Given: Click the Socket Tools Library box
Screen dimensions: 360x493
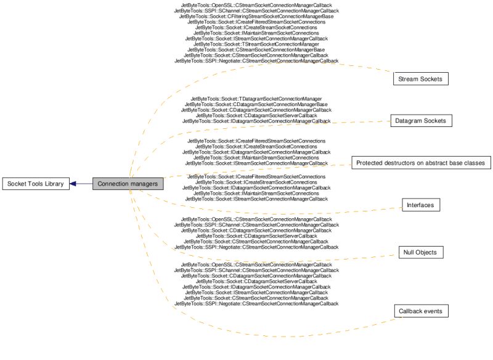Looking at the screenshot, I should click(x=36, y=184).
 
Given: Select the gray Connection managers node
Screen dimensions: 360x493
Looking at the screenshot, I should click(x=128, y=184).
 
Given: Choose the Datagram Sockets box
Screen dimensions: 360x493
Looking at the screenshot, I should click(x=422, y=121).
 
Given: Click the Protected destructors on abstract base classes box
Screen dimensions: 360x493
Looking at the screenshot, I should click(x=421, y=163).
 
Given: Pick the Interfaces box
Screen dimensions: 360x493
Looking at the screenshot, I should click(x=421, y=205).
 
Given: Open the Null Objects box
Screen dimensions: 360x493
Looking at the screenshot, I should click(x=421, y=252).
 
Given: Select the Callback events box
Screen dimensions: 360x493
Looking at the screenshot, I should click(x=420, y=311).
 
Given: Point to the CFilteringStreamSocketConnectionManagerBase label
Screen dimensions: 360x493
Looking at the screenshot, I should click(x=256, y=16).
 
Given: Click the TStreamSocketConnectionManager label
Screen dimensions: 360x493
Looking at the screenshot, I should click(x=256, y=44).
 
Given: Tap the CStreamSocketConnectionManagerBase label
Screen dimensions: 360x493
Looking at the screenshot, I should click(x=256, y=50).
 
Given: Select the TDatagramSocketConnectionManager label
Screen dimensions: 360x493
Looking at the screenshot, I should click(x=256, y=99).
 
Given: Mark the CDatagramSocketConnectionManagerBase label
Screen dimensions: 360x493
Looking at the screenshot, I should click(x=256, y=104).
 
